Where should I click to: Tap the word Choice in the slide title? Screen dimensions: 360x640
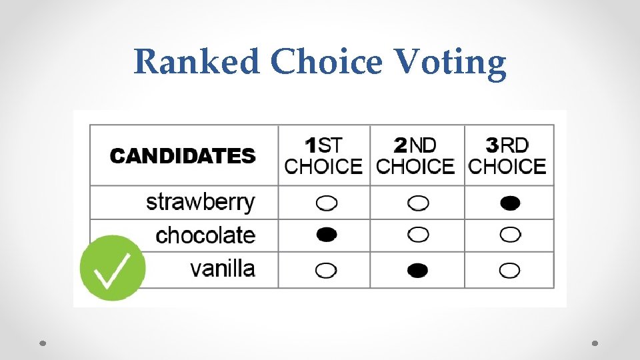point(326,63)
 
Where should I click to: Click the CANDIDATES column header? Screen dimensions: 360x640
point(183,156)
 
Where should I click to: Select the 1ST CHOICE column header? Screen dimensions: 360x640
point(323,155)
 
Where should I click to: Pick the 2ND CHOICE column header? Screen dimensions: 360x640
point(415,155)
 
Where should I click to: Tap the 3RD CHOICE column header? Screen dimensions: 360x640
point(507,155)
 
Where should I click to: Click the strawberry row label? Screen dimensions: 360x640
point(200,202)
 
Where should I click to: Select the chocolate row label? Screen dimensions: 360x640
point(205,235)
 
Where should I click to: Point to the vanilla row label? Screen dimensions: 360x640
point(222,269)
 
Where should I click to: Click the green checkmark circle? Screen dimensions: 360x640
point(113,268)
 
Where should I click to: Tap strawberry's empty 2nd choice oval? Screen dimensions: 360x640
point(418,203)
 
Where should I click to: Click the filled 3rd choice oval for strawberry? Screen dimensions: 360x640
point(510,203)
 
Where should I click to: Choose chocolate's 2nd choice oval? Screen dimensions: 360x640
point(418,235)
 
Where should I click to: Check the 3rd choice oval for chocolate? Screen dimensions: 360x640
point(510,235)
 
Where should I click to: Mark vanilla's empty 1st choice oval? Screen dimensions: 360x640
point(326,270)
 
